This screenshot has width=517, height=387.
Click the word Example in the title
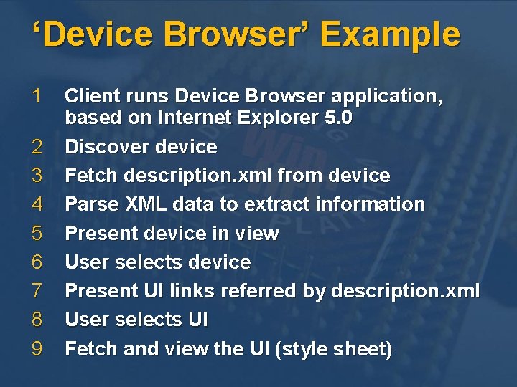[x=390, y=35]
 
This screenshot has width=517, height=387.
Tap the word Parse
[x=87, y=204]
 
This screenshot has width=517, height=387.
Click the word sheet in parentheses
[x=364, y=349]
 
